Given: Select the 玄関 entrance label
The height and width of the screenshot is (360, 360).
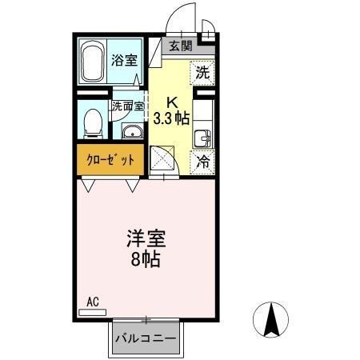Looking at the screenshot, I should pyautogui.click(x=180, y=46).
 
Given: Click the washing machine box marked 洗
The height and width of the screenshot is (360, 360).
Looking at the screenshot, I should pyautogui.click(x=203, y=72).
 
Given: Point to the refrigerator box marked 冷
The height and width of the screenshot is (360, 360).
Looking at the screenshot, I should pyautogui.click(x=204, y=161).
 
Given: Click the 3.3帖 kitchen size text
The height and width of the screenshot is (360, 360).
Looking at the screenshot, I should pyautogui.click(x=171, y=117).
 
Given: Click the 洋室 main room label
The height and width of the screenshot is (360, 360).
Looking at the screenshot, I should pyautogui.click(x=146, y=238).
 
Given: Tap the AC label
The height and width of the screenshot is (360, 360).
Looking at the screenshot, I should pyautogui.click(x=92, y=302).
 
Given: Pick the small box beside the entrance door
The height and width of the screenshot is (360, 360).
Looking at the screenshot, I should pyautogui.click(x=208, y=33).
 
